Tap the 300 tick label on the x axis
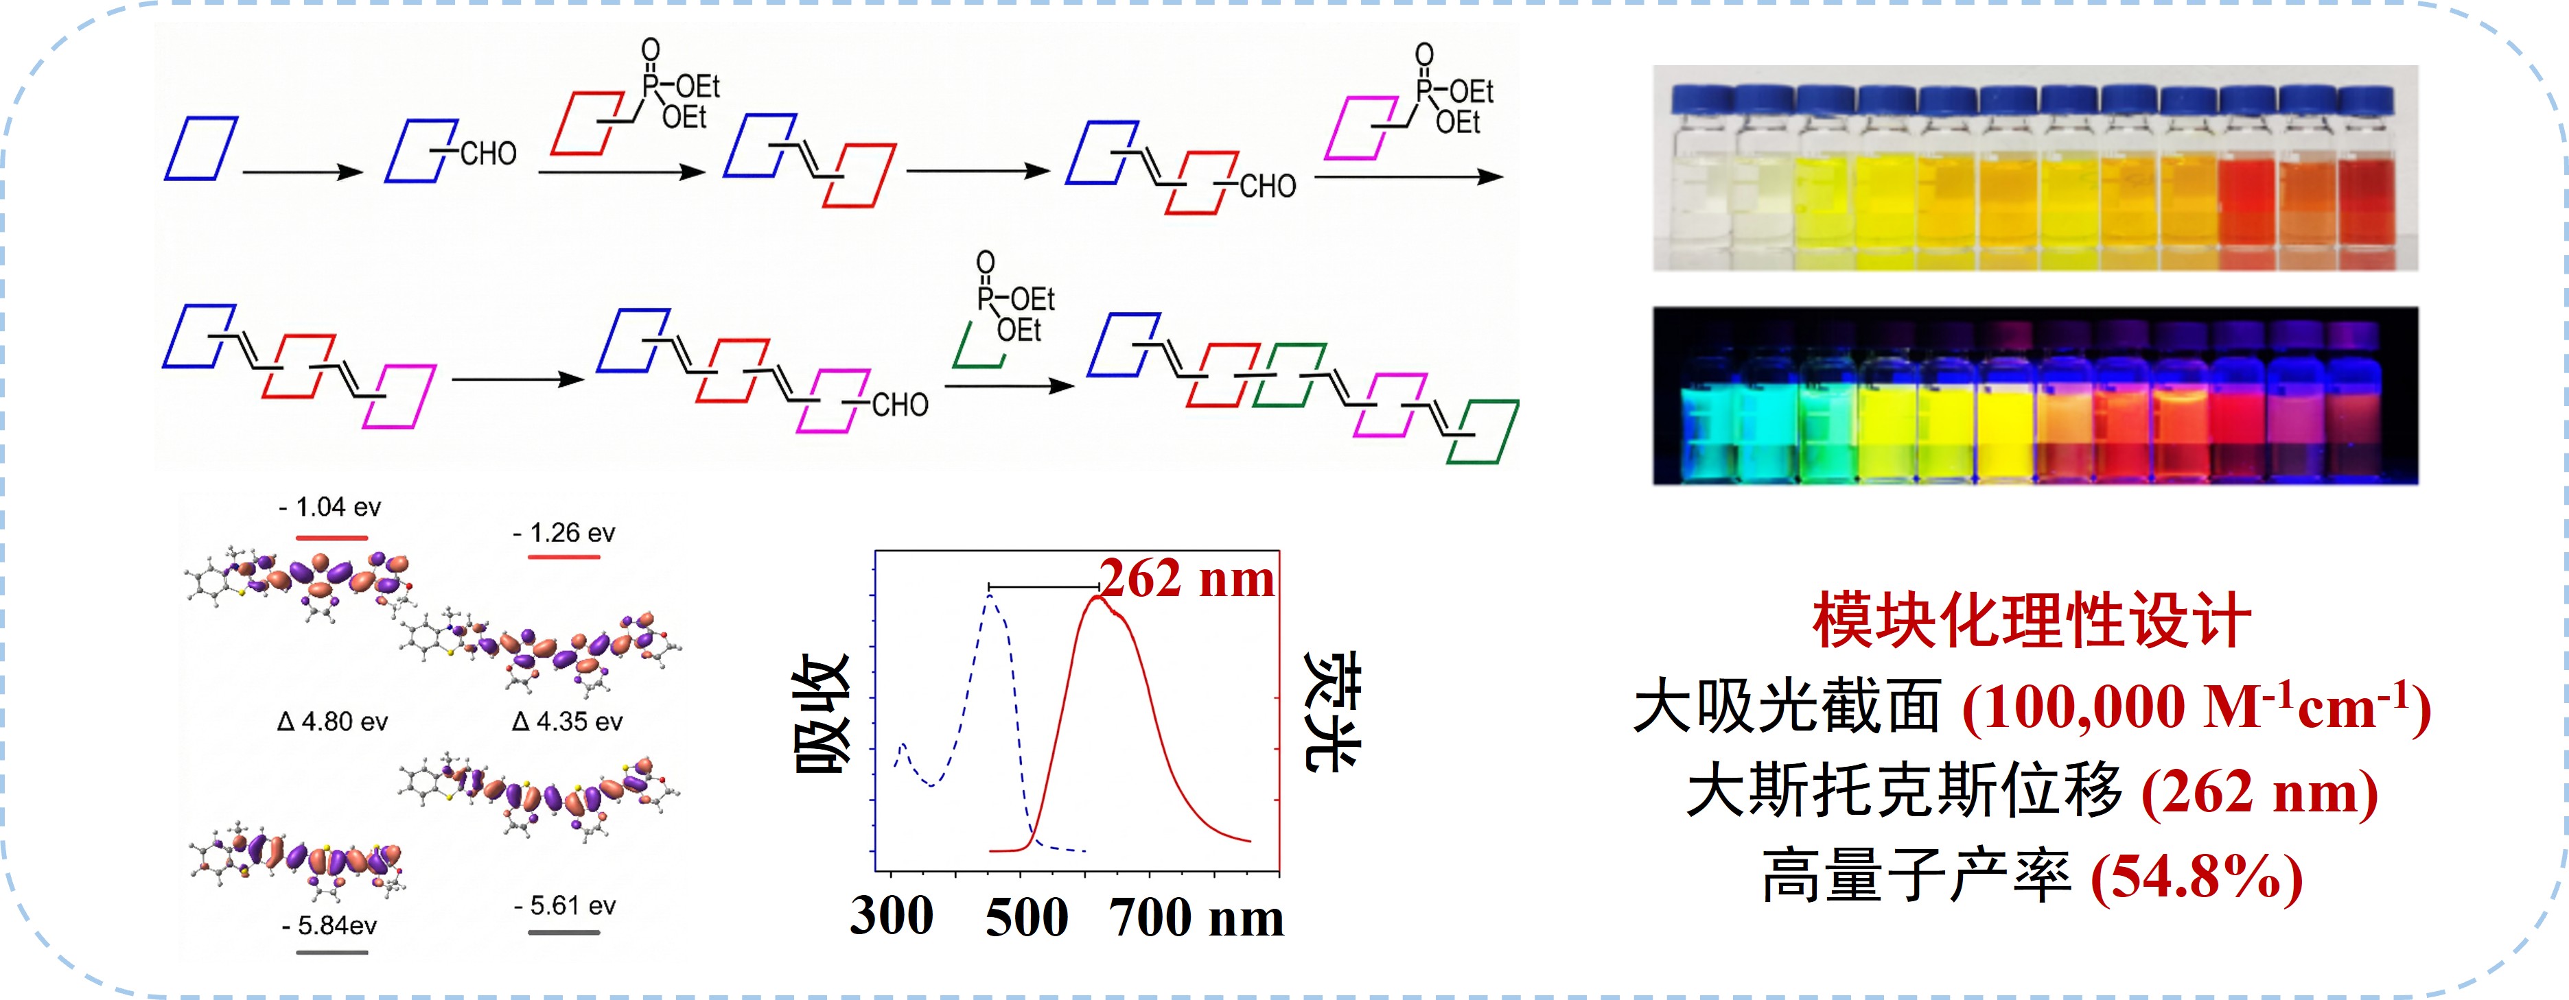[x=892, y=915]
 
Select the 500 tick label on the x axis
[x=1026, y=917]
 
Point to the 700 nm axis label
[x=1197, y=917]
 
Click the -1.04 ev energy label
[x=330, y=508]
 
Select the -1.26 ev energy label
[x=564, y=534]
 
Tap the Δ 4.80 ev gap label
[x=332, y=722]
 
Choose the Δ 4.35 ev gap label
[x=568, y=722]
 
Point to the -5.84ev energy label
[x=329, y=926]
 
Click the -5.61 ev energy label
[x=564, y=906]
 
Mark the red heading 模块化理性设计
[x=2032, y=620]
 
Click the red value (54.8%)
[x=2197, y=877]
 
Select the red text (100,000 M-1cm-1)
[x=2197, y=707]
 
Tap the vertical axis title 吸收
[x=822, y=714]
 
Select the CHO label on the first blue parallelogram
[x=488, y=154]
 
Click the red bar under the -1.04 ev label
[x=332, y=538]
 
